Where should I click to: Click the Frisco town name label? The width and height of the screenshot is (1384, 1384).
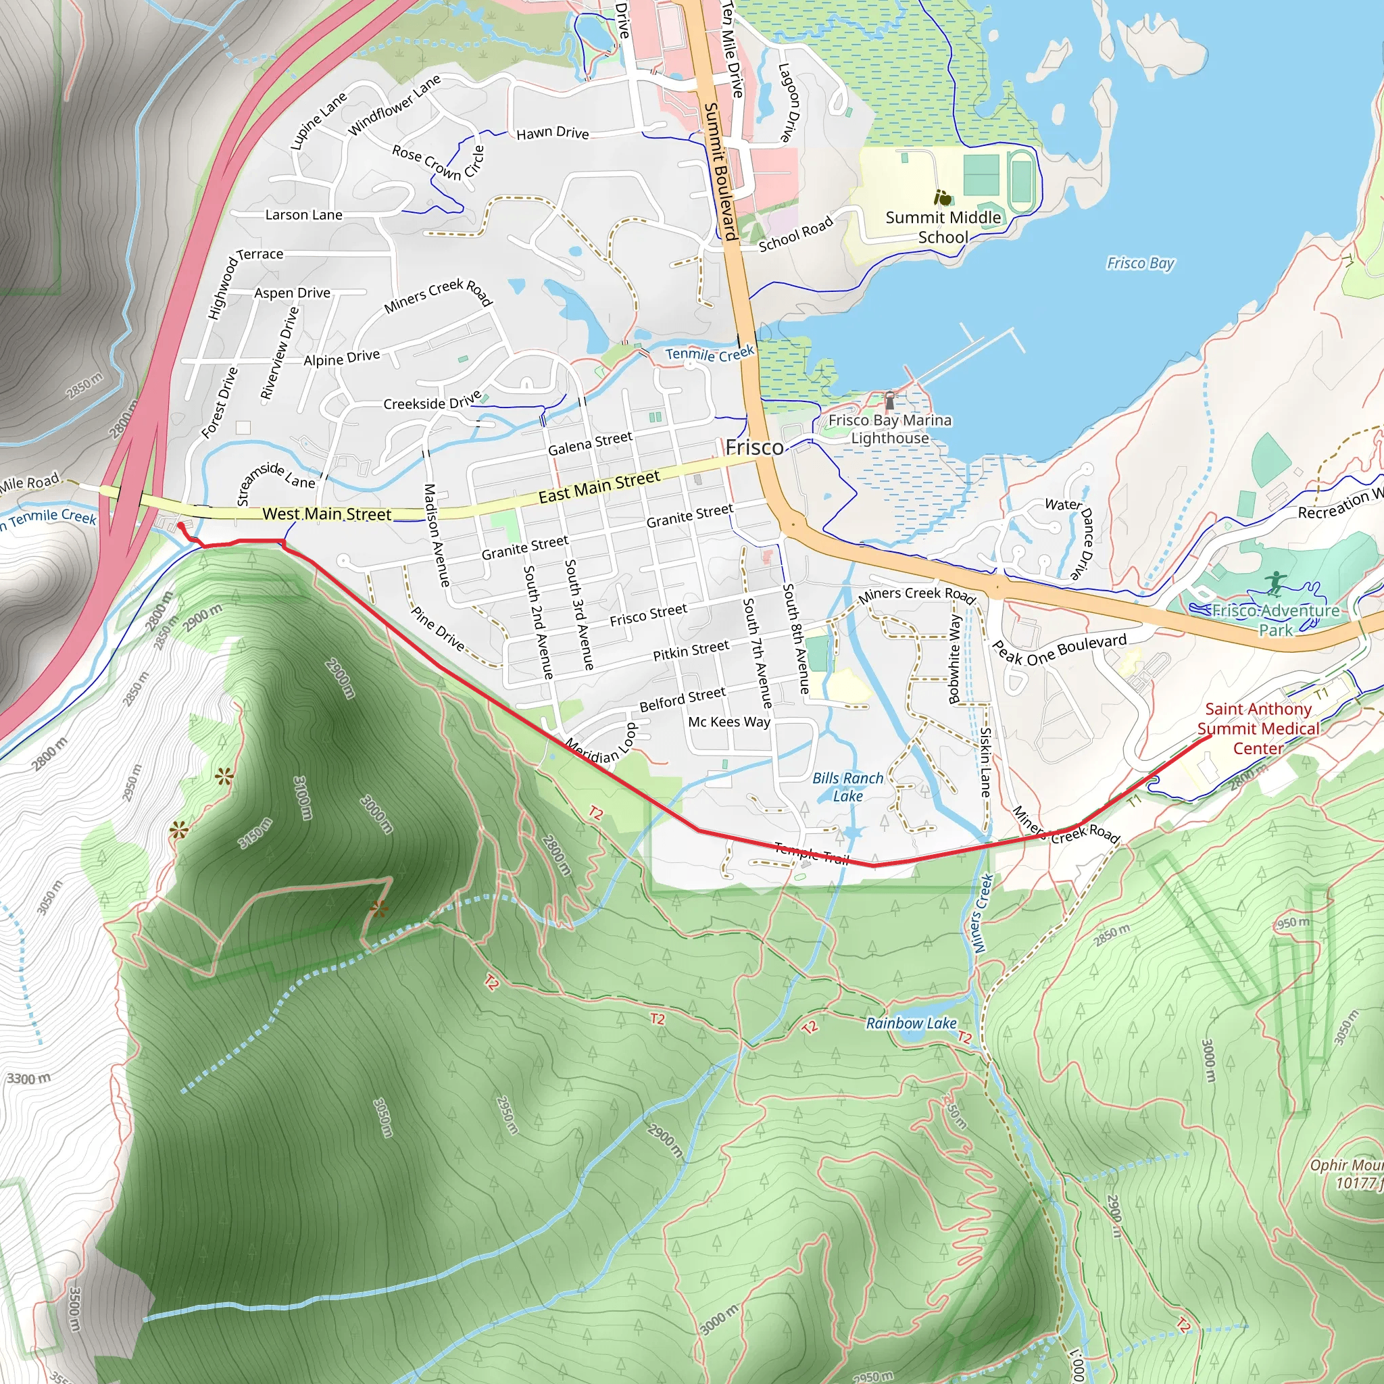(753, 448)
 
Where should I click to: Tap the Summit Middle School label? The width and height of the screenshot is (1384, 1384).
(943, 227)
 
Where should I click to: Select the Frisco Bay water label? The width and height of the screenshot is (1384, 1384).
(1140, 263)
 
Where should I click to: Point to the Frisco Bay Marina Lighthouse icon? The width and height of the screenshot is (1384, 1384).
(890, 398)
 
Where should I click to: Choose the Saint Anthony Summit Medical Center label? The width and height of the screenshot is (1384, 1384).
(1258, 728)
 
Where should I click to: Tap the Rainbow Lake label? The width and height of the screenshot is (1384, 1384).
(910, 1023)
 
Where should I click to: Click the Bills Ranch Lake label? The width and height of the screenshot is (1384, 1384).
(847, 787)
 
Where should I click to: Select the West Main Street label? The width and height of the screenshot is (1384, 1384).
(326, 514)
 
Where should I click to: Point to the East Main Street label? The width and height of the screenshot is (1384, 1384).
(599, 487)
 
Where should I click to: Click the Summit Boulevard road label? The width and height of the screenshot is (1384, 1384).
(720, 172)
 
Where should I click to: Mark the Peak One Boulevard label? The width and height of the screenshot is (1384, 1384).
(1059, 649)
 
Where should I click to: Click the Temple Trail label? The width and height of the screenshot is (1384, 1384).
(811, 852)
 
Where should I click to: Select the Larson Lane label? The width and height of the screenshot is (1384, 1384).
(303, 215)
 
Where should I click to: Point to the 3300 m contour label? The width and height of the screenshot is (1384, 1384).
(28, 1078)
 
